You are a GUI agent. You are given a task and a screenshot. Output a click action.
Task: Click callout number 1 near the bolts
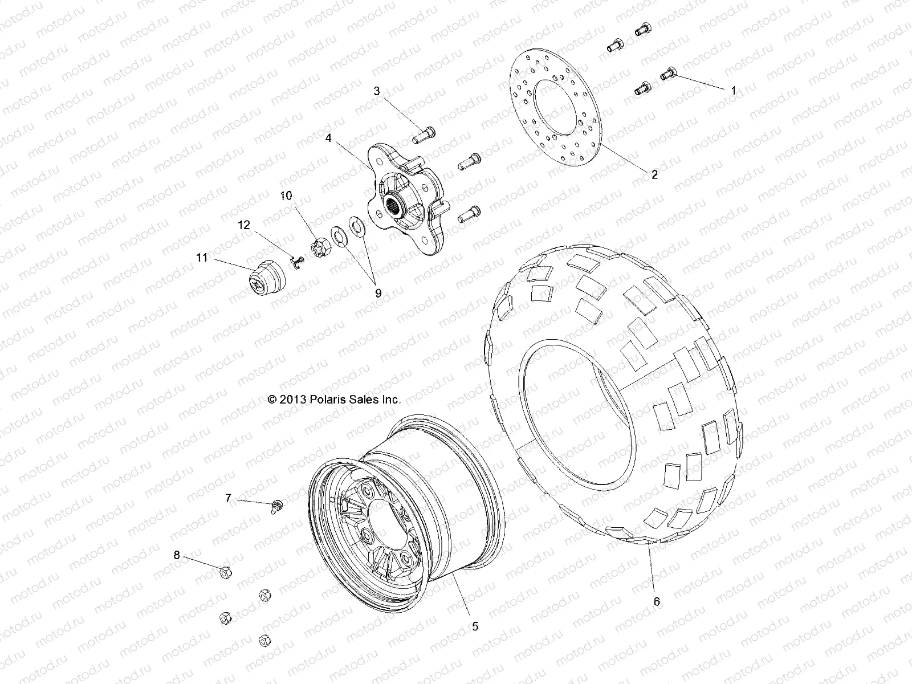point(734,91)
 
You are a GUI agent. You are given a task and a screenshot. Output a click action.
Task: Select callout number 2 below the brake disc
point(654,175)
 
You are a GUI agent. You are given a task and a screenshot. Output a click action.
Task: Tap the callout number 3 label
point(377,91)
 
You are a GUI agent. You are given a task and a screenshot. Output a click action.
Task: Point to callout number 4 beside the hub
point(344,137)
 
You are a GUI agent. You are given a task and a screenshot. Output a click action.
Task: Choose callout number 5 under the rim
point(475,626)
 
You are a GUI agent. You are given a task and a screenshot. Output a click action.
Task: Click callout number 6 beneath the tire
point(657,601)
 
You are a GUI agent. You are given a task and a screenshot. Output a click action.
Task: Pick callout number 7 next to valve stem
point(228,499)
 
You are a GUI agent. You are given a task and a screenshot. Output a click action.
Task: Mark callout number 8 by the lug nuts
point(177,555)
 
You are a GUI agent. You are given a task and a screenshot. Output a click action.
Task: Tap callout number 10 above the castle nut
point(286,196)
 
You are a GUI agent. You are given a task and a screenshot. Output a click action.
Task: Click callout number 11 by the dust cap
point(202,258)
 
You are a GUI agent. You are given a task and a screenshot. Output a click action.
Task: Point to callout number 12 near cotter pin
point(244,225)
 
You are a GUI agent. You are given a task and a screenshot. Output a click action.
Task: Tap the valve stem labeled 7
point(278,505)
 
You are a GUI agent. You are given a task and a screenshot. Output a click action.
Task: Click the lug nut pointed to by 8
point(225,573)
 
